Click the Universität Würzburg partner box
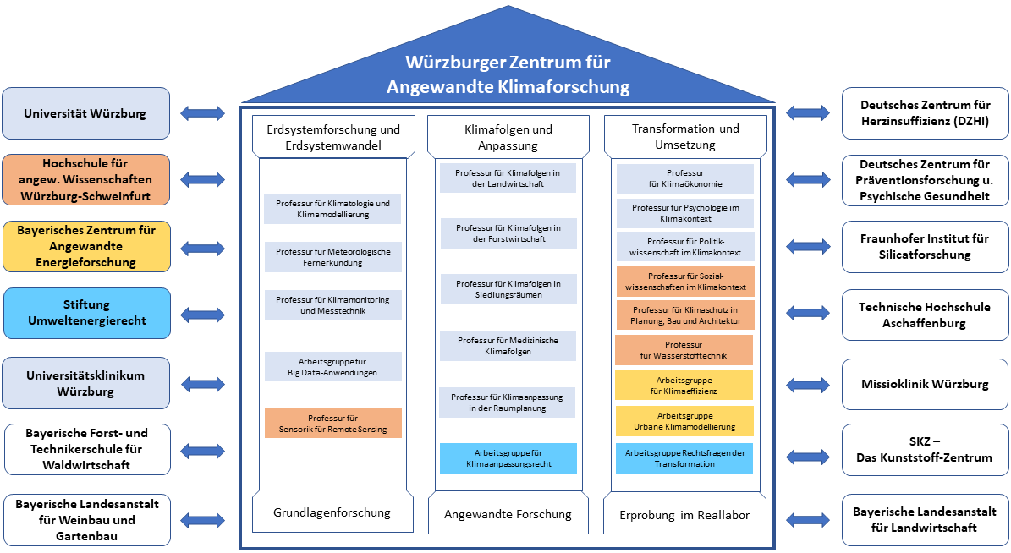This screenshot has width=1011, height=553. coord(85,113)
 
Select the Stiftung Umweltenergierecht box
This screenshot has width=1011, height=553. coord(87,313)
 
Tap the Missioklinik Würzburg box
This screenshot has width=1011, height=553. coord(926,384)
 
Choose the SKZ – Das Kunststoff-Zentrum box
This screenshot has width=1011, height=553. coord(926,450)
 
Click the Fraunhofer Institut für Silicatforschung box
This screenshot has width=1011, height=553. coord(926,247)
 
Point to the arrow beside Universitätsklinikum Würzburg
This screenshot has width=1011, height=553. coord(203,385)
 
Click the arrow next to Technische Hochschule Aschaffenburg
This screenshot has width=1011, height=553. coord(808,313)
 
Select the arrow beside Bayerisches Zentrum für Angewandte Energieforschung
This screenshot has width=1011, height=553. coord(203,248)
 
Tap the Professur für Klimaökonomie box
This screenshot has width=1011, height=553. coord(684,178)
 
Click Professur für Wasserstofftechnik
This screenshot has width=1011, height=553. coord(684,350)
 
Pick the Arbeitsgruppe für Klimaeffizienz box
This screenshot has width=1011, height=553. coord(684,386)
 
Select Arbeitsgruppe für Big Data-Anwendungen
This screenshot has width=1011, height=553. coord(332,367)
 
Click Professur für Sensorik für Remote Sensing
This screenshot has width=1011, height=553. coord(332,424)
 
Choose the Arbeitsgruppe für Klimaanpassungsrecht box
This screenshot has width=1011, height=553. coord(508,458)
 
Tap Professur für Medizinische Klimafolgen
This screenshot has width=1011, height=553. coord(508,346)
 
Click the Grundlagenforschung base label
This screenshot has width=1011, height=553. coord(332,512)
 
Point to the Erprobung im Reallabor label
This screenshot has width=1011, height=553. coord(684,514)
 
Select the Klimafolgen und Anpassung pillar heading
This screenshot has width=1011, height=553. coord(508,137)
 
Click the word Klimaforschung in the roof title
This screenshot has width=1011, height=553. coord(563,86)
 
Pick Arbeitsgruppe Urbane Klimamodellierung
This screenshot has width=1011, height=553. coord(684,421)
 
